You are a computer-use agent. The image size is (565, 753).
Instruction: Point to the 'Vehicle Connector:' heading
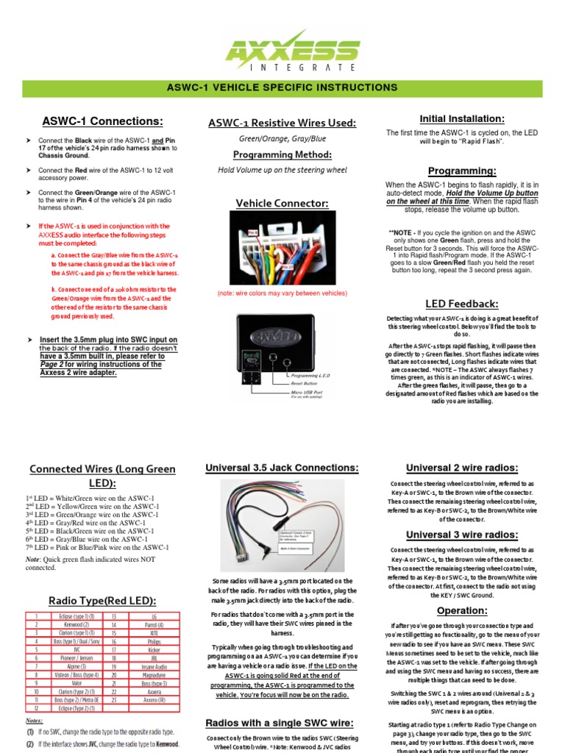[282, 203]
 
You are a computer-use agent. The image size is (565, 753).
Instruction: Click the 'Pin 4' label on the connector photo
[251, 232]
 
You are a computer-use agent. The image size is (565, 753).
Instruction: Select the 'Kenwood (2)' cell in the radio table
[71, 624]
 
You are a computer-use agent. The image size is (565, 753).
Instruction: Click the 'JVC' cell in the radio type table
[71, 650]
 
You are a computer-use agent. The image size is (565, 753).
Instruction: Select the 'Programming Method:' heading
[282, 154]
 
